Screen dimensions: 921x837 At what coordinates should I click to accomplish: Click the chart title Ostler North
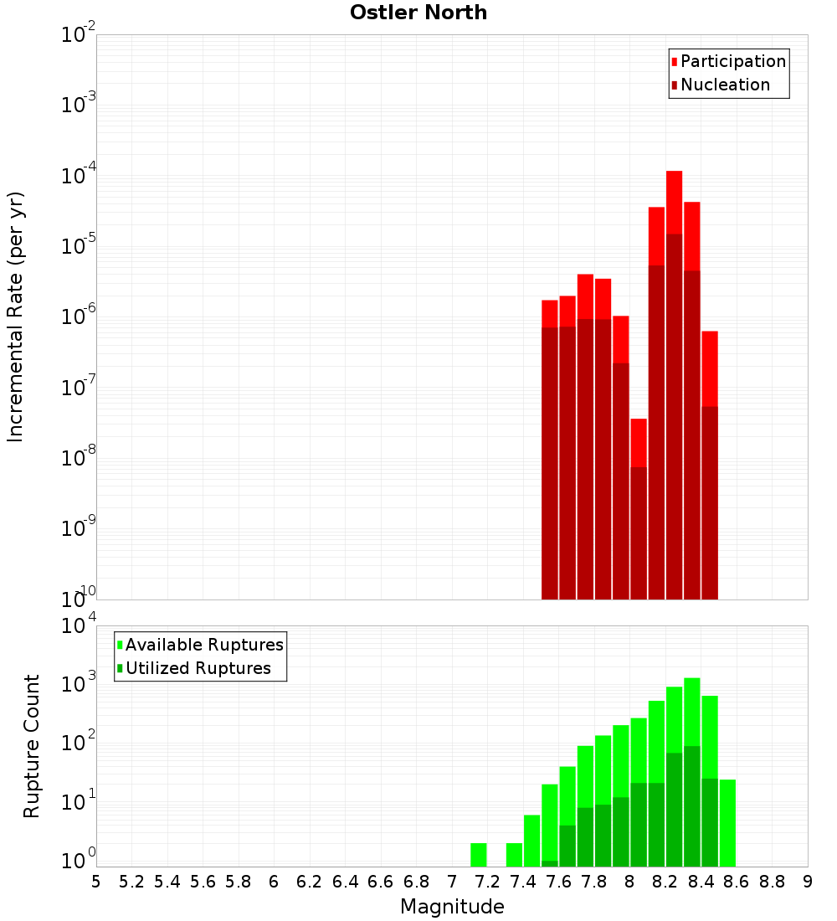pos(418,13)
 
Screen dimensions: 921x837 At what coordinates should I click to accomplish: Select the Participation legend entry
pos(732,61)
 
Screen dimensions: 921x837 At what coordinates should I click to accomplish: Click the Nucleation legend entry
pos(724,85)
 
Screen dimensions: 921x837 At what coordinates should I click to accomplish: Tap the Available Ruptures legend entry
pos(203,645)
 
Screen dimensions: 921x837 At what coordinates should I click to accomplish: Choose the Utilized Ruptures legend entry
pos(198,668)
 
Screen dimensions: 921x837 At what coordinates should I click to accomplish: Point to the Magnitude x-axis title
pos(452,907)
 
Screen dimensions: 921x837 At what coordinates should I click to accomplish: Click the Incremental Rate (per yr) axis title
pos(16,316)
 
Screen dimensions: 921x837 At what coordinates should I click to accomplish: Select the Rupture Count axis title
pos(32,745)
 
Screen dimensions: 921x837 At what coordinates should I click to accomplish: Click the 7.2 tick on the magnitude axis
pos(487,882)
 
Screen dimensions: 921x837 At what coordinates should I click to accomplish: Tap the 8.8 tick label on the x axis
pos(772,882)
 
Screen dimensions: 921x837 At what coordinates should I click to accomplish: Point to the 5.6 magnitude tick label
pos(203,882)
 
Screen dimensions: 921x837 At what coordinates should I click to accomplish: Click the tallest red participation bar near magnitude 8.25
pos(674,201)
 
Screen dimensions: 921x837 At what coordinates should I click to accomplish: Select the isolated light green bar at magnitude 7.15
pos(479,855)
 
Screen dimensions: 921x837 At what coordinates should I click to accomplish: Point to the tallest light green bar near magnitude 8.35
pos(692,712)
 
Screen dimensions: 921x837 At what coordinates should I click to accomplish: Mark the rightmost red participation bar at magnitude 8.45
pos(710,368)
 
